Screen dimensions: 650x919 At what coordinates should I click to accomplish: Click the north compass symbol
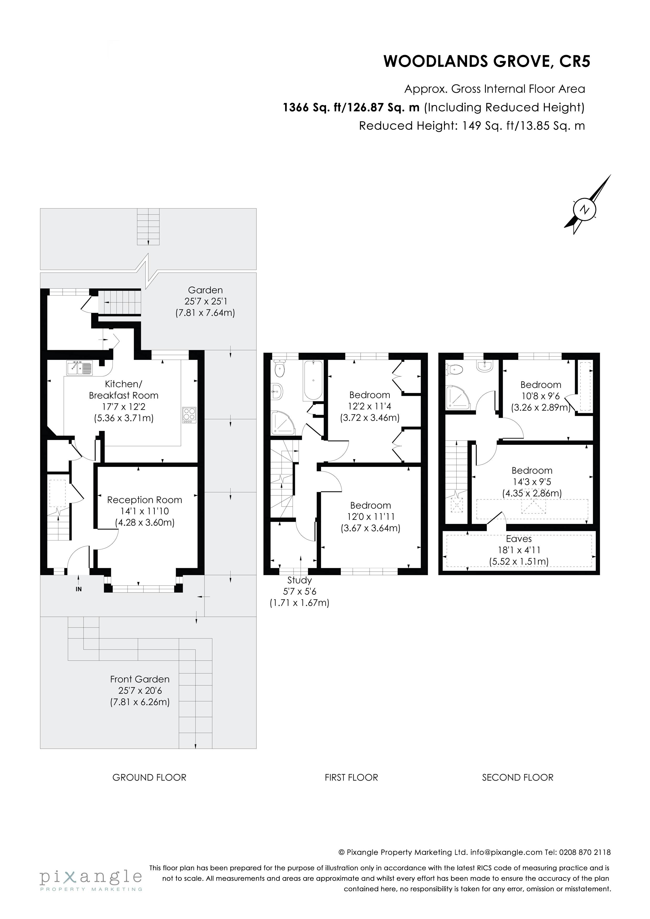[588, 205]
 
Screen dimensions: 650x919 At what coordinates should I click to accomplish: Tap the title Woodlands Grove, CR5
[487, 61]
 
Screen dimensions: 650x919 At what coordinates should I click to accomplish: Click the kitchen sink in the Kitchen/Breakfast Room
[79, 368]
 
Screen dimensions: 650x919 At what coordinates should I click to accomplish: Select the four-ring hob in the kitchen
[189, 415]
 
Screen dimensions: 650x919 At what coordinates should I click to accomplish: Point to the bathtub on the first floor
[313, 380]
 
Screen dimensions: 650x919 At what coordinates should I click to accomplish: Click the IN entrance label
[78, 589]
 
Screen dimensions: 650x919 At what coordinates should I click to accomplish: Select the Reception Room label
[145, 500]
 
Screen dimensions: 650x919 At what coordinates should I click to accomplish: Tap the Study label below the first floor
[300, 580]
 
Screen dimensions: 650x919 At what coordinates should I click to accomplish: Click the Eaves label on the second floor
[519, 539]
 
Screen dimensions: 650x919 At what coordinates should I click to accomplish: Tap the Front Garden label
[140, 679]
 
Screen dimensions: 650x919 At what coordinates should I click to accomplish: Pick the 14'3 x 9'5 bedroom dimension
[532, 482]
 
